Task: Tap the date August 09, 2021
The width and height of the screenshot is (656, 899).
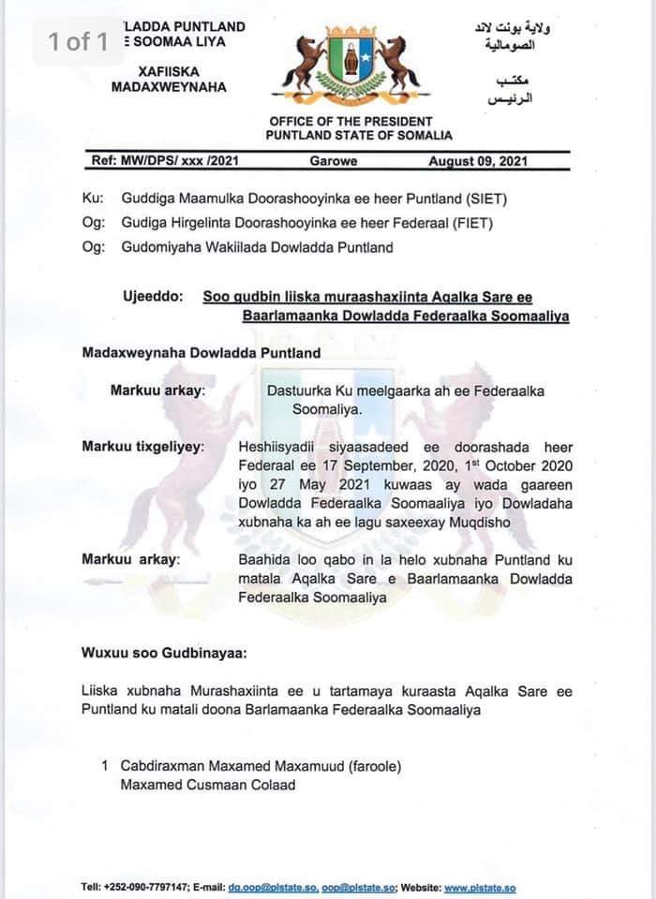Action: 478,161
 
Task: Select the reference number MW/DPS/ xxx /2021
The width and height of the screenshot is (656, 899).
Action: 166,161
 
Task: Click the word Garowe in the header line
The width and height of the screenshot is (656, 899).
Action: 334,161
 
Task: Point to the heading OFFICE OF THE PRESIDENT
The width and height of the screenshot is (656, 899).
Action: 350,122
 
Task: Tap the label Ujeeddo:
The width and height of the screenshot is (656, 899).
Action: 154,297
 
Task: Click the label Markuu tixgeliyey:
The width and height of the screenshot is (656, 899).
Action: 142,447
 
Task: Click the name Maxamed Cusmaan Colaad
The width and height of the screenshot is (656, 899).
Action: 207,785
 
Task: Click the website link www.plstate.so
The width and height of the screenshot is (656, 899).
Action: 480,888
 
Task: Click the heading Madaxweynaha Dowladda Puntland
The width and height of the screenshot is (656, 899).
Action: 201,353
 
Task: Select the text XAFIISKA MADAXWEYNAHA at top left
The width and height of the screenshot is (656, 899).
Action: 169,79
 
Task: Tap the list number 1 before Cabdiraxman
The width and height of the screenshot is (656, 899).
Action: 106,766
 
